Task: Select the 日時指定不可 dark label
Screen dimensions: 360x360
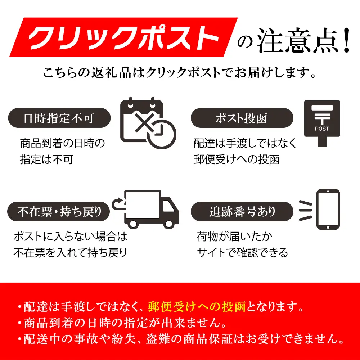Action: click(x=59, y=118)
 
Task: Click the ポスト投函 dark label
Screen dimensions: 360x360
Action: click(x=242, y=118)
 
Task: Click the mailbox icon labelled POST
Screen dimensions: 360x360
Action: click(x=322, y=122)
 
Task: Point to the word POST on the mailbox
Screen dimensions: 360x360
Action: click(x=322, y=129)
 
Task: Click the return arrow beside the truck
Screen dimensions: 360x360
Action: click(x=118, y=204)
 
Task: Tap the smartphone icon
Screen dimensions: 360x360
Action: click(x=328, y=209)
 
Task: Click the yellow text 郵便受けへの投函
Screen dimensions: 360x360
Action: click(x=197, y=307)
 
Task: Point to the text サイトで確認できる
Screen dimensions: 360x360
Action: click(x=242, y=253)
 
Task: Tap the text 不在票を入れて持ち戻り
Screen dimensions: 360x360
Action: click(x=71, y=253)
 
